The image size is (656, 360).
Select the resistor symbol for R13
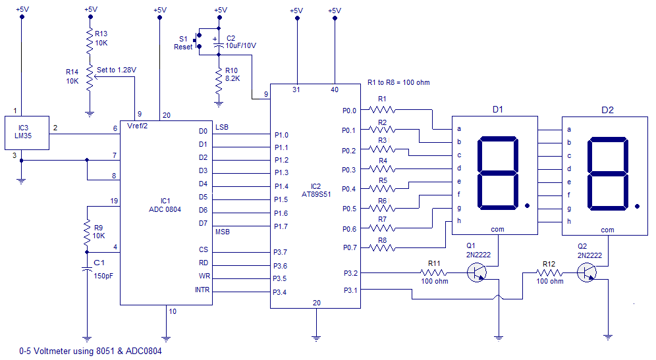pyautogui.click(x=90, y=42)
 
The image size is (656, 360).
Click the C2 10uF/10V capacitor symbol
pyautogui.click(x=219, y=41)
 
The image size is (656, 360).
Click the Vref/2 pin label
pyautogui.click(x=136, y=126)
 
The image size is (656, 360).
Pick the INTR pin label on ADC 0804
pyautogui.click(x=202, y=290)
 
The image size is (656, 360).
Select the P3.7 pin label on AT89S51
pyautogui.click(x=281, y=252)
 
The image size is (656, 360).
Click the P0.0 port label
pyautogui.click(x=349, y=111)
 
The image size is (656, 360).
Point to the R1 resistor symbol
pyautogui.click(x=383, y=110)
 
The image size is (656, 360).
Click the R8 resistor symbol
pyautogui.click(x=383, y=247)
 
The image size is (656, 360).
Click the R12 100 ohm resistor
pyautogui.click(x=549, y=272)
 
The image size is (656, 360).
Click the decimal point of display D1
pyautogui.click(x=527, y=205)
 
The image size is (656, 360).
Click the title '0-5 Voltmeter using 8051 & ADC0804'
pyautogui.click(x=90, y=351)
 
